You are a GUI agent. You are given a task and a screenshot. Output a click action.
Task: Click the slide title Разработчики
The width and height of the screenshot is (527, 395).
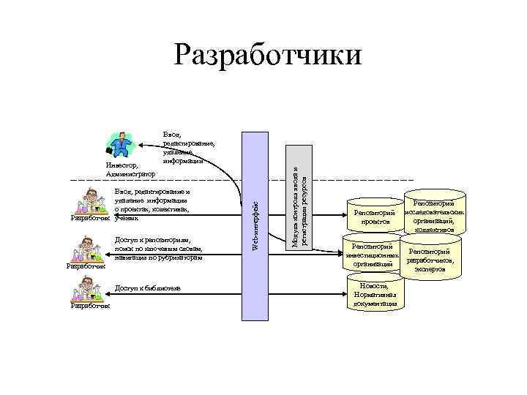(x=268, y=55)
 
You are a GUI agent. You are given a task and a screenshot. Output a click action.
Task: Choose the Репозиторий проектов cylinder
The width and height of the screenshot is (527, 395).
(x=375, y=217)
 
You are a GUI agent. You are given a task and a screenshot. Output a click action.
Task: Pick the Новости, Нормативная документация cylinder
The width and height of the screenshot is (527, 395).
(x=375, y=293)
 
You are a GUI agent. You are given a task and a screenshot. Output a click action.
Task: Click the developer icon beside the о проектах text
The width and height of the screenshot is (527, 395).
(x=90, y=203)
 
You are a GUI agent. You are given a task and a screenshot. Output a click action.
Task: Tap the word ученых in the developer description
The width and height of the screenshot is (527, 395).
(x=126, y=217)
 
